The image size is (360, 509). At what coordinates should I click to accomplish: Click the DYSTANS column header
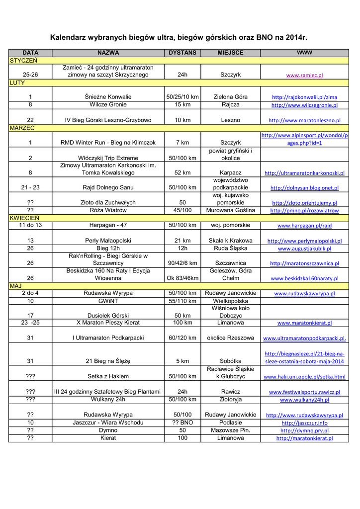pos(182,53)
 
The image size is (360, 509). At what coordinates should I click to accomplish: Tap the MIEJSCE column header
pos(230,53)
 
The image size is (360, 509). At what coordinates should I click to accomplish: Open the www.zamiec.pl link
pos(304,75)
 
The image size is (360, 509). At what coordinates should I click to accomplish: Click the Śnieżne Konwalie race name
pos(108,97)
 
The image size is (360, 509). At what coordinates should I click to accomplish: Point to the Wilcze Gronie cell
pos(108,105)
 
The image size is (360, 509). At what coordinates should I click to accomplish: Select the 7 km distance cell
pos(182,143)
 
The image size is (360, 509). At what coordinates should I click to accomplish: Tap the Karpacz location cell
pos(230,173)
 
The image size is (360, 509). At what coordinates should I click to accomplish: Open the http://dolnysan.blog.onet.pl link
pos(304,188)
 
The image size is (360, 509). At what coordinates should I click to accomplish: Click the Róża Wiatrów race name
pos(108,210)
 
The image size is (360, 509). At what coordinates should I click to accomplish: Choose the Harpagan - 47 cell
pos(108,225)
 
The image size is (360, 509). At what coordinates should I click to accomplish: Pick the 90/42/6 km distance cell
pos(182,263)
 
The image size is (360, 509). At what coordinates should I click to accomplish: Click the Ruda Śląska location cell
pos(230,248)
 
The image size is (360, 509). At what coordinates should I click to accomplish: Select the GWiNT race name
pos(108,301)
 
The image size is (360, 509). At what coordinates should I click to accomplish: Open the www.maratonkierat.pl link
pos(304,323)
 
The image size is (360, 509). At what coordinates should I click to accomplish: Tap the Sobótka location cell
pos(230,361)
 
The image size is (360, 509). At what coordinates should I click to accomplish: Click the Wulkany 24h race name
pos(108,399)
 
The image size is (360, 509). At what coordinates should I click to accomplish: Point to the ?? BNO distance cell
pos(182,423)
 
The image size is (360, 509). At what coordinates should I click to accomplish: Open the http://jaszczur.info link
pos(304,423)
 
